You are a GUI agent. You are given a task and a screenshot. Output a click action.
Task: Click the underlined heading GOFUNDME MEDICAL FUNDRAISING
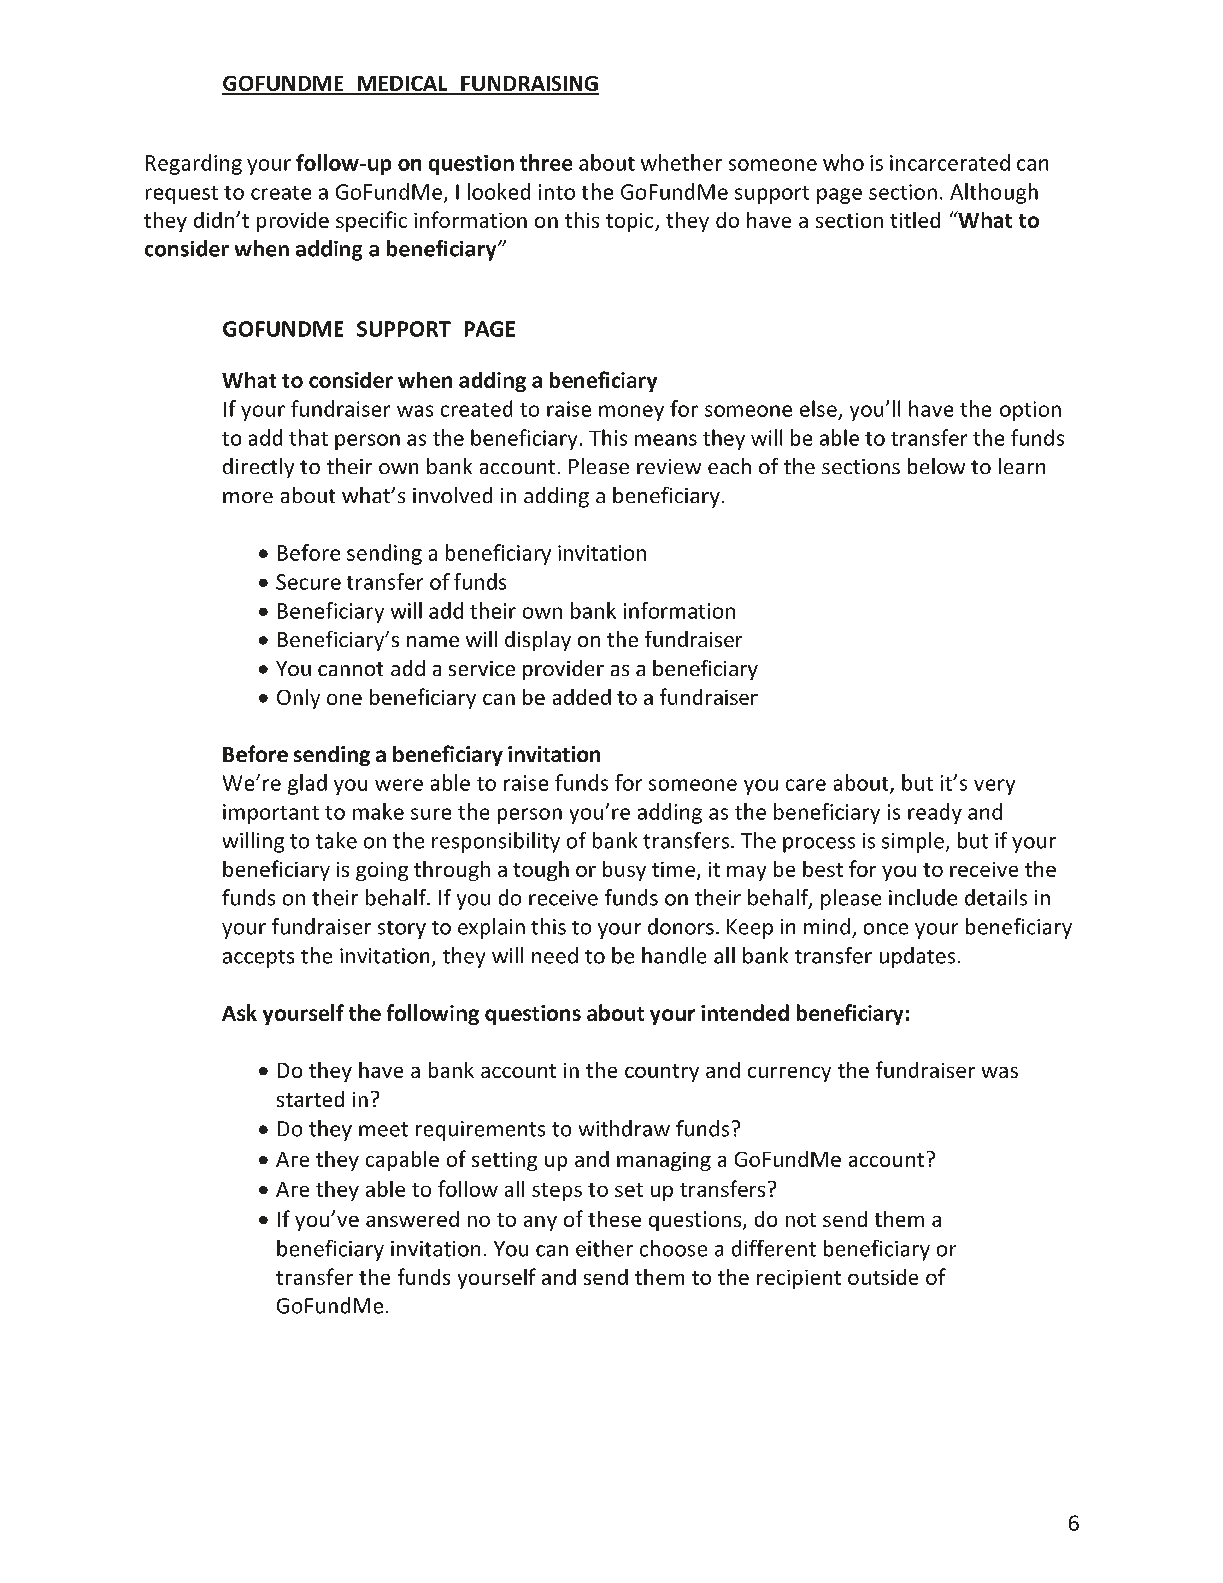[x=410, y=84]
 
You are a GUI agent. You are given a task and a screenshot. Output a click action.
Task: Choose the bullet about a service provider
[x=516, y=669]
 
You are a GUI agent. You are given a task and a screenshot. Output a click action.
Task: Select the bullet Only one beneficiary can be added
[x=516, y=698]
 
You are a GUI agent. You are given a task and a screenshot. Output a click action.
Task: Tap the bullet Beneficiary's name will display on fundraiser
[x=509, y=640]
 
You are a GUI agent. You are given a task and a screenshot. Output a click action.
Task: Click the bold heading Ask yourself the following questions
[x=565, y=1013]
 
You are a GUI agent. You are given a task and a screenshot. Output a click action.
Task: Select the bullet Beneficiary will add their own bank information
[x=505, y=612]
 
